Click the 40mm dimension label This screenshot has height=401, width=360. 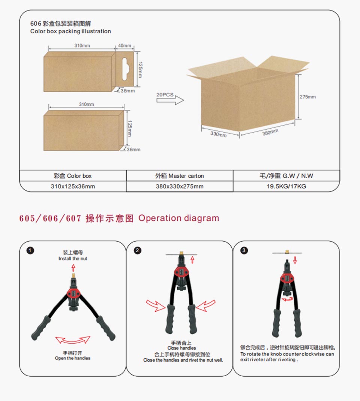coord(124,45)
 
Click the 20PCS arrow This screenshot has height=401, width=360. coord(170,100)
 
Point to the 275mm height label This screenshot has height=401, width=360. coord(307,97)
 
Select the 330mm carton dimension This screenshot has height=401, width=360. coord(219,134)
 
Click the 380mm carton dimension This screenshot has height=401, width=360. coord(270,132)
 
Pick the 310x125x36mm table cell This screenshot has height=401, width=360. coord(73,186)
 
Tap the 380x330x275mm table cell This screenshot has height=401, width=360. coord(180,186)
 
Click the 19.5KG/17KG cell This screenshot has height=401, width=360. coord(286,186)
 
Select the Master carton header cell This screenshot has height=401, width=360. coord(180,176)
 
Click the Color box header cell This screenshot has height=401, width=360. coord(73,176)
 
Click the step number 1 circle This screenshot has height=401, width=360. coord(30,250)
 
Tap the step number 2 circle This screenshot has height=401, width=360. coord(137,250)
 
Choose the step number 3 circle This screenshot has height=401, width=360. coord(244,250)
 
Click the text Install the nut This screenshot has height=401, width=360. coord(73,259)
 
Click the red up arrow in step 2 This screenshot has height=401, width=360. coord(192,260)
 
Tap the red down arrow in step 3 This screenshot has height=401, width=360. coord(295,260)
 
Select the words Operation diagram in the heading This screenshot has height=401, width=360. coord(178,218)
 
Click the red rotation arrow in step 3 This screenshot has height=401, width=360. coord(287,299)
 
